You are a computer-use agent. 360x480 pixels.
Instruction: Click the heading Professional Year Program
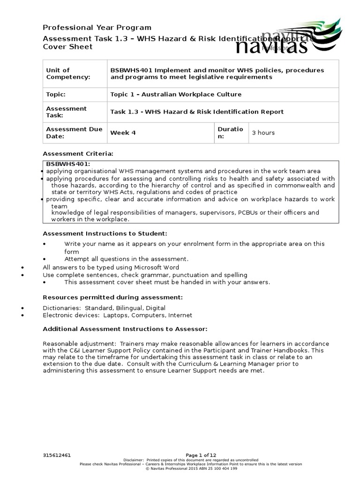[97, 28]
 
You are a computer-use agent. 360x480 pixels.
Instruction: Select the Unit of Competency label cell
[75, 74]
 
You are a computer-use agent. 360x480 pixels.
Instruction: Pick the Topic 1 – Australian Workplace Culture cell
[176, 94]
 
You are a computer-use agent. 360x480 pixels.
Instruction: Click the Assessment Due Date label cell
[75, 133]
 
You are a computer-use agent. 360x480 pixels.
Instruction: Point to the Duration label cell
[231, 133]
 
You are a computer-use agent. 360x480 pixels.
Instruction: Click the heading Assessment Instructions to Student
[105, 233]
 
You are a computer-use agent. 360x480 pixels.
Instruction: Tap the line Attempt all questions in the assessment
[126, 259]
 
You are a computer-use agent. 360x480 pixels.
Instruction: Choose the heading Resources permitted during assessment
[112, 297]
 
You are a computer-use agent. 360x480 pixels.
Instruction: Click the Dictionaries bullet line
[104, 308]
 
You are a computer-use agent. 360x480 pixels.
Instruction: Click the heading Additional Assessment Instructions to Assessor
[125, 329]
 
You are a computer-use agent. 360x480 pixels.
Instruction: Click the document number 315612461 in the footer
[56, 455]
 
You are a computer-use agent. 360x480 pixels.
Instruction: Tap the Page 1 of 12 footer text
[201, 455]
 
